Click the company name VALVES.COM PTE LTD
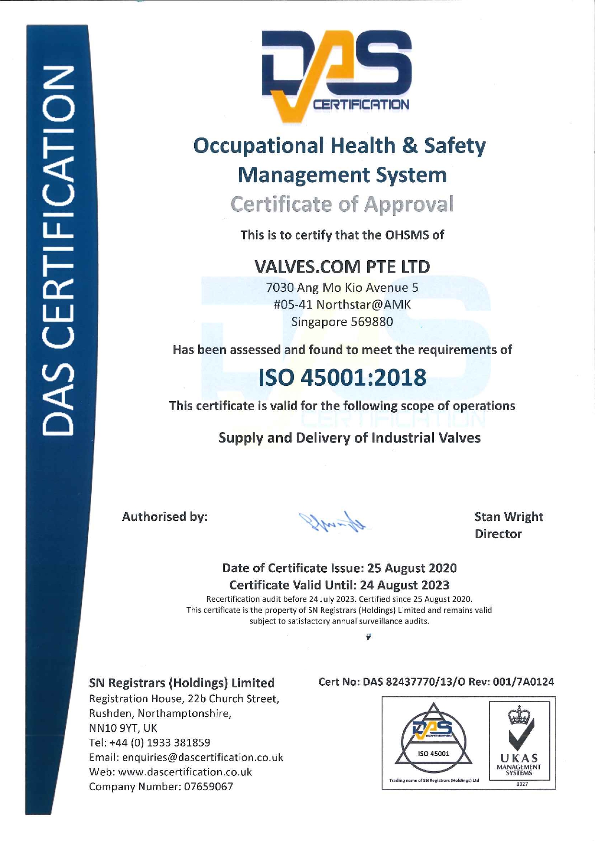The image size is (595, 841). [342, 266]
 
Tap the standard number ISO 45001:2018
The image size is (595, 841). [342, 378]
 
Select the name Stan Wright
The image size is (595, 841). [509, 517]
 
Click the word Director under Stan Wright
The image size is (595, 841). [498, 534]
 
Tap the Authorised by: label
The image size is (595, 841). [164, 517]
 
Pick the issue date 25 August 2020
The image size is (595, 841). [412, 568]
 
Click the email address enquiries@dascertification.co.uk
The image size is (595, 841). [202, 757]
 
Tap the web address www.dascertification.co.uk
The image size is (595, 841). [185, 772]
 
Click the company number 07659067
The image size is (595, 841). [209, 787]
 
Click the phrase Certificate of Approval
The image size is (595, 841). [342, 204]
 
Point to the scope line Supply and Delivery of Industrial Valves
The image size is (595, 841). [350, 438]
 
